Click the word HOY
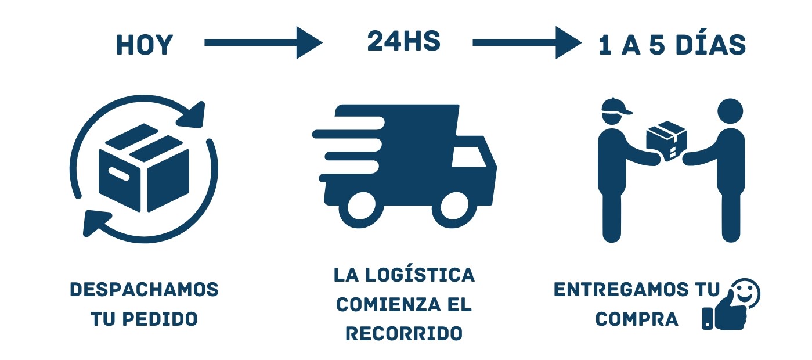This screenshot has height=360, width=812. (145, 45)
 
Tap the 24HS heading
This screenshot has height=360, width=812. (404, 41)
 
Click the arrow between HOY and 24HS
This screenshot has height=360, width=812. (264, 43)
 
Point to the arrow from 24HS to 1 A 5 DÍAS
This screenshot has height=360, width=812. (528, 43)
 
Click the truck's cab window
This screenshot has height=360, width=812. (469, 157)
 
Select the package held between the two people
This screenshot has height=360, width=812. (666, 141)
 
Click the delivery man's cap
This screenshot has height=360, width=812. (615, 107)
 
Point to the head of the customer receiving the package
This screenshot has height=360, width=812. (730, 111)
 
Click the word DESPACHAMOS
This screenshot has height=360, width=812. (145, 290)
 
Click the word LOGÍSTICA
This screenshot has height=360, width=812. (420, 275)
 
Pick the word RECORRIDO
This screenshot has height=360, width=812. (404, 333)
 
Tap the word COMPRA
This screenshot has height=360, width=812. (637, 319)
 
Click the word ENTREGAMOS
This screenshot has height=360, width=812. (621, 290)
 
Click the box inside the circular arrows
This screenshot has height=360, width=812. (144, 167)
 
